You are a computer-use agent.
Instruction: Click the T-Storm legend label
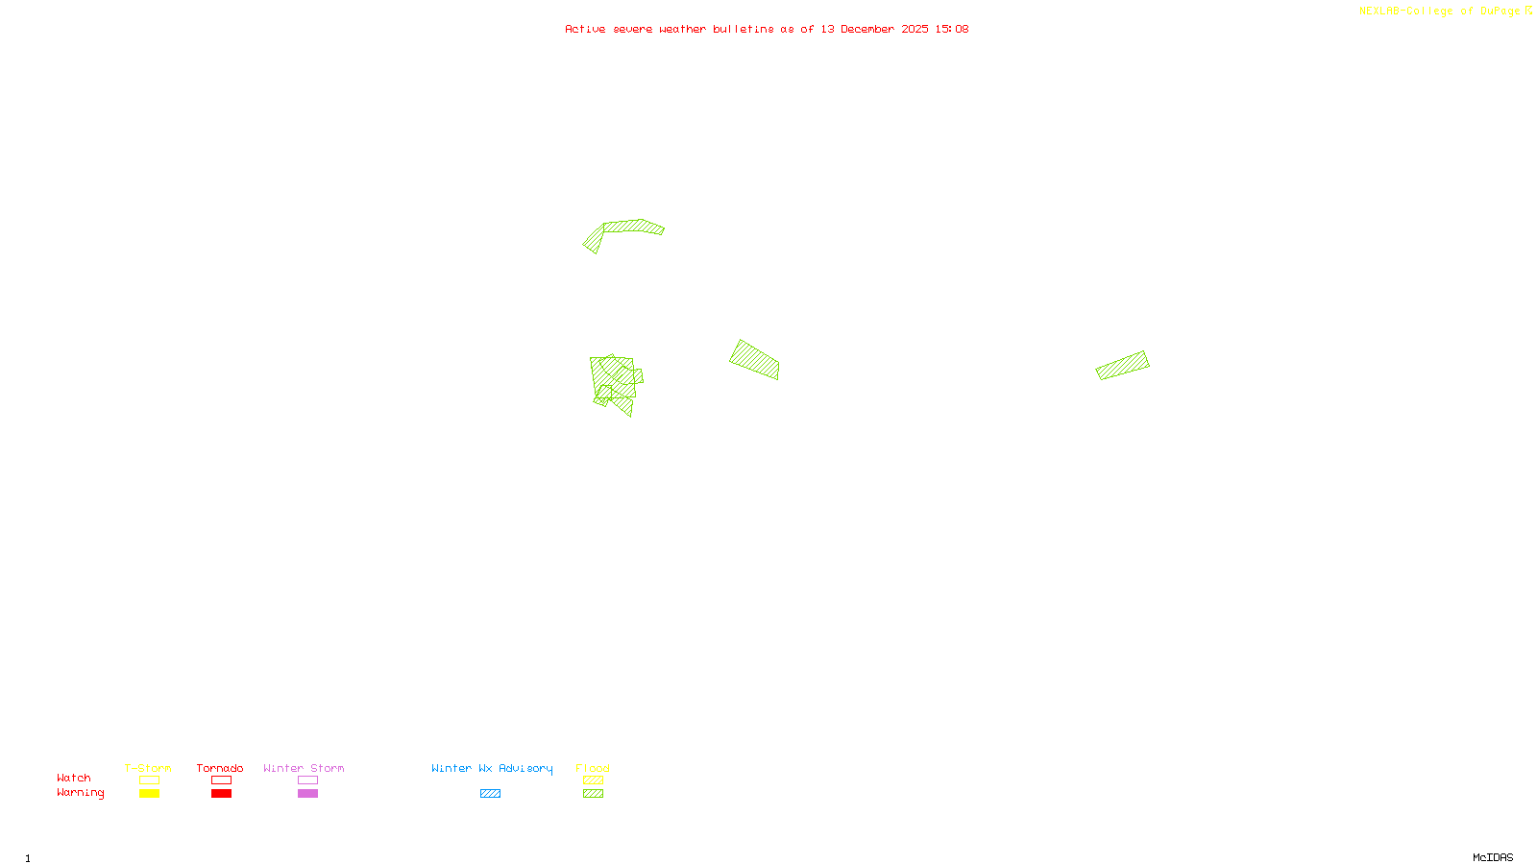[x=148, y=768]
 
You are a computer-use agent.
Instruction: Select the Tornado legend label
[x=220, y=768]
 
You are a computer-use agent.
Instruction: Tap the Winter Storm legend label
[x=304, y=768]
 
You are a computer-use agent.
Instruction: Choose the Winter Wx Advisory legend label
[x=492, y=768]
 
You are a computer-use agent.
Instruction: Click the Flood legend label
[x=593, y=768]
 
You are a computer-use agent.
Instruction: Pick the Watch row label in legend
[x=74, y=778]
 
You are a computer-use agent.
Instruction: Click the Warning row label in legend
[x=81, y=793]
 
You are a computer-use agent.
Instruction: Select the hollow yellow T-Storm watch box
[x=149, y=780]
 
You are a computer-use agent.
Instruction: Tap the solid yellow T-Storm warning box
[x=149, y=794]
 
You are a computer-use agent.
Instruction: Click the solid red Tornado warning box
[x=222, y=794]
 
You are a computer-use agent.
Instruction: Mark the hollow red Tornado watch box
[x=222, y=780]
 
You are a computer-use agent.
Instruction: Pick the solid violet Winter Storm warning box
[x=307, y=794]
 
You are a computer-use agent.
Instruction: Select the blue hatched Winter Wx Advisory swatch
[x=490, y=794]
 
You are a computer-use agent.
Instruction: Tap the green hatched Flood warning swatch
[x=594, y=794]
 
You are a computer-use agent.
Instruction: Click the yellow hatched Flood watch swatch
[x=594, y=780]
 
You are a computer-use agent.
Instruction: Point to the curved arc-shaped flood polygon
[x=629, y=227]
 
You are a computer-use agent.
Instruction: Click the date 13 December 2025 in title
[x=874, y=29]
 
